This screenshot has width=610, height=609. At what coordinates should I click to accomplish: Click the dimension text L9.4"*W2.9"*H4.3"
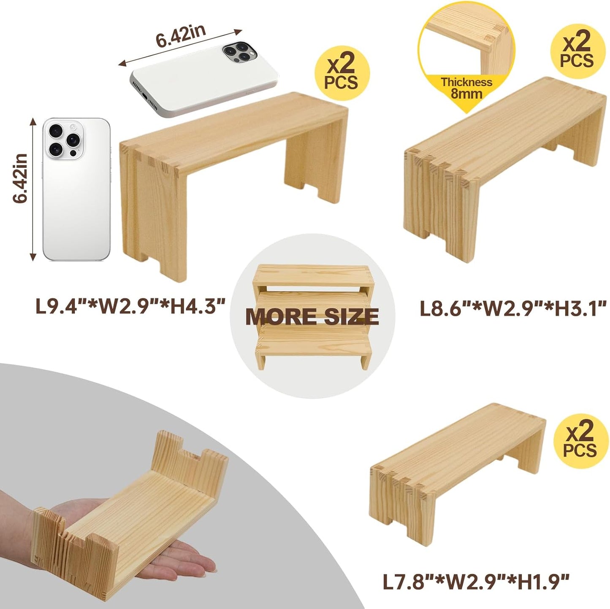pos(130,305)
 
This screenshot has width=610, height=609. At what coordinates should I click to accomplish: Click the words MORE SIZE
pos(312,316)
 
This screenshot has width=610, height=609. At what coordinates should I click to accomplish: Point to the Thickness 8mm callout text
pos(466,88)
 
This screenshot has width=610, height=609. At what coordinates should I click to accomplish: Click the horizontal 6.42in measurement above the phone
pos(180,37)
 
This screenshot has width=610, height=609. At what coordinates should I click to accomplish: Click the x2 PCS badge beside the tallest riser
pos(342,74)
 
